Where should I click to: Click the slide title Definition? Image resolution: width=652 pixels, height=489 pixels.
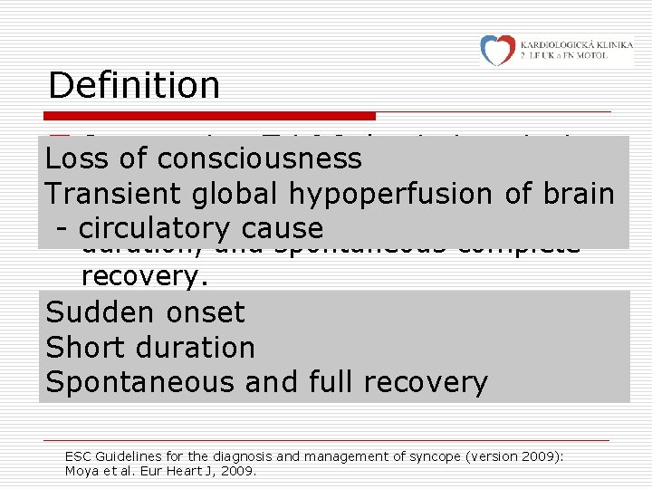(x=134, y=85)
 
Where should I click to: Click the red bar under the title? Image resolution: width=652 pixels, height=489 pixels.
(x=212, y=116)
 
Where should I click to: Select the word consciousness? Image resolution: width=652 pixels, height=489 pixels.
(x=259, y=158)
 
